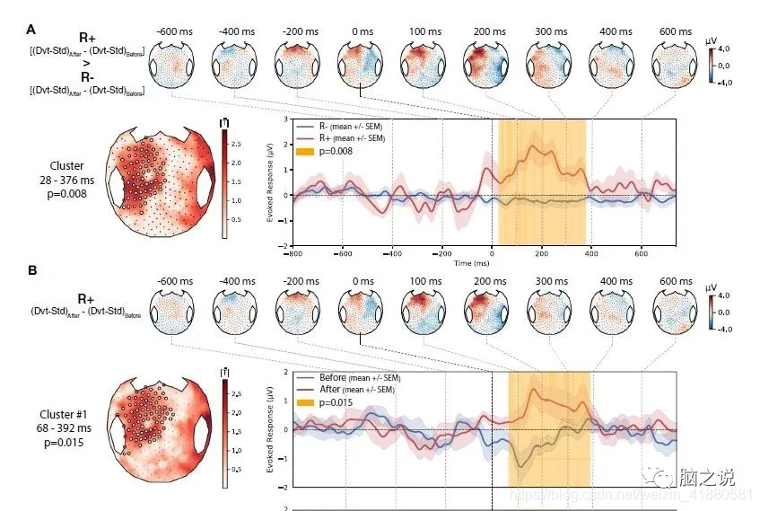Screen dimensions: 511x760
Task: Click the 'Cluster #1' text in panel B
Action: click(63, 414)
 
